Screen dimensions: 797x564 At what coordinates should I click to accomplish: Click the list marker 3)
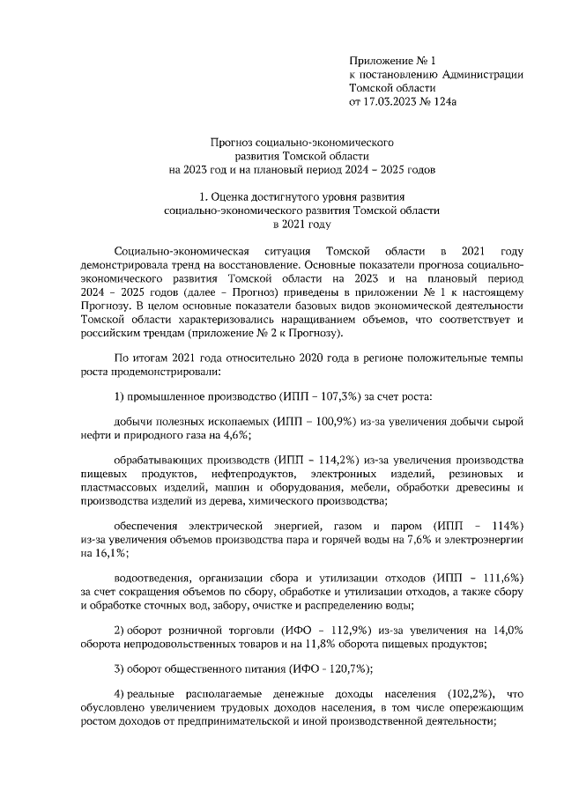pos(122,669)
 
